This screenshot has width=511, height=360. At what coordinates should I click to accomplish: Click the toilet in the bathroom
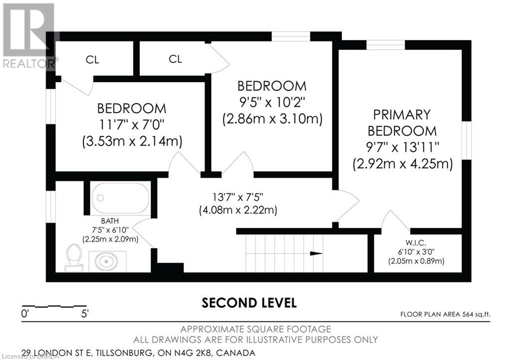point(74,257)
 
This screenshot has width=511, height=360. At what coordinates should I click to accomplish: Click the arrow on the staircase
point(315,253)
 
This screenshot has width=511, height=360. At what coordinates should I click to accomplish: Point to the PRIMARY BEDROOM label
point(402,123)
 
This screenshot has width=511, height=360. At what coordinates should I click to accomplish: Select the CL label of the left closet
point(92,60)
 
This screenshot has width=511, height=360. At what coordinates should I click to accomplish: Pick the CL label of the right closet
point(175,59)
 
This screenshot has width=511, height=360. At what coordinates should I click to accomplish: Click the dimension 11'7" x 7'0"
point(132,125)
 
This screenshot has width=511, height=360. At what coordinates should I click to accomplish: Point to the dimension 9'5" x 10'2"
point(272,102)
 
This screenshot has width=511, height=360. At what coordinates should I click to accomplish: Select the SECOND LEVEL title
point(249,303)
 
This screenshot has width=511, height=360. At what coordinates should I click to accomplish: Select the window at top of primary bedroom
point(385,45)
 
